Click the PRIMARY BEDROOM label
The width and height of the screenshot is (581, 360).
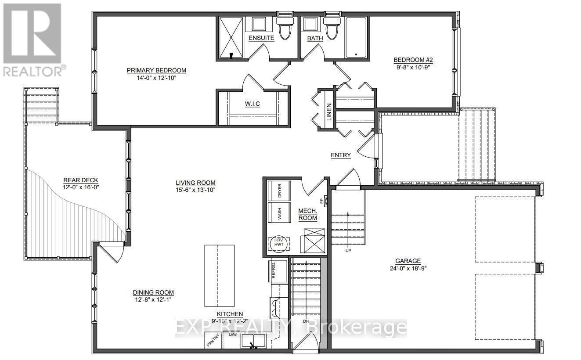point(156,70)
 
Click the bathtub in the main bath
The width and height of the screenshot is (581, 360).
point(356,37)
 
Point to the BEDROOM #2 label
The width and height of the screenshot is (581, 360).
point(413,60)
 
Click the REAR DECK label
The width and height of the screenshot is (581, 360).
point(81,180)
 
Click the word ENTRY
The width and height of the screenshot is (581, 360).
point(341,155)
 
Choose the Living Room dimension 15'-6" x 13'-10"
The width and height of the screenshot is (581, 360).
point(195,190)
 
